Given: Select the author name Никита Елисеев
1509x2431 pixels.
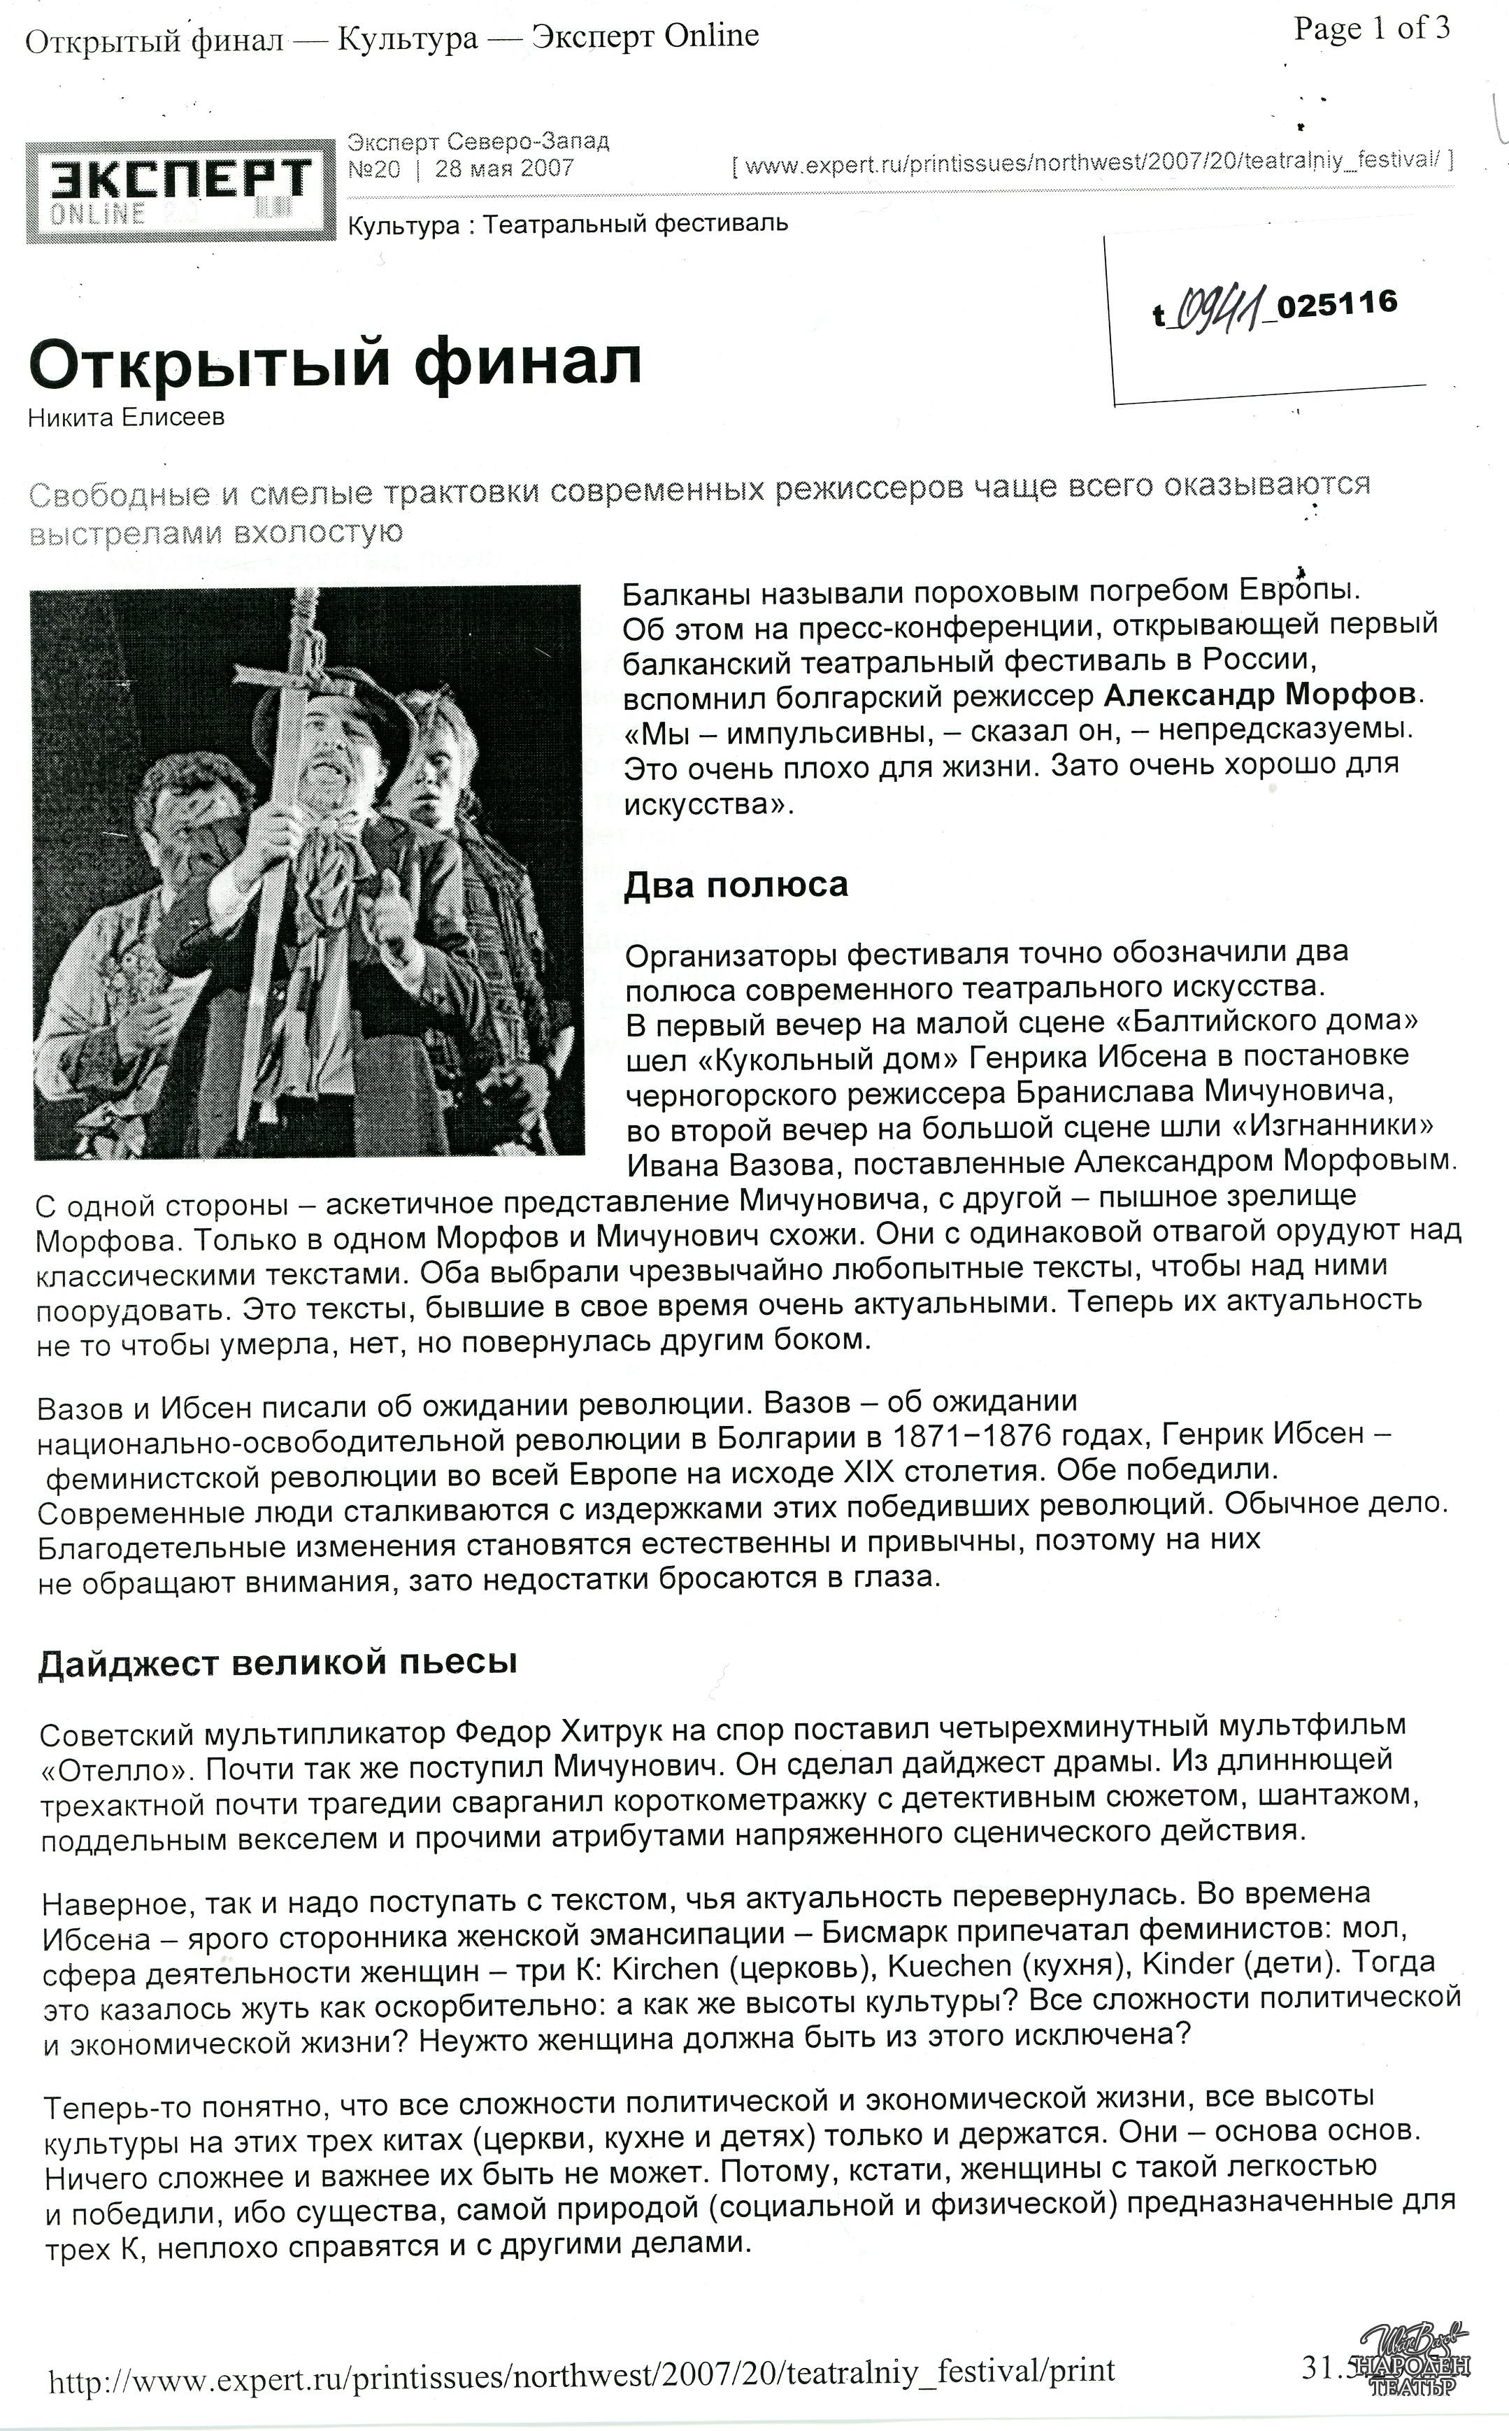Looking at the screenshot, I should [x=126, y=417].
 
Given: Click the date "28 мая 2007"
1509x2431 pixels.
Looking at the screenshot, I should [x=504, y=169].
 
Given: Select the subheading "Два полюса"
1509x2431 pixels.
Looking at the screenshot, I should [x=736, y=884].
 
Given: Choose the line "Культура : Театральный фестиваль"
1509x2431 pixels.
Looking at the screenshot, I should [x=568, y=224].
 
